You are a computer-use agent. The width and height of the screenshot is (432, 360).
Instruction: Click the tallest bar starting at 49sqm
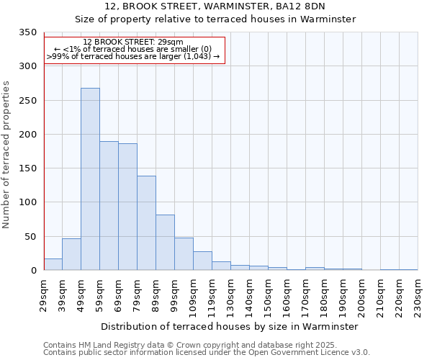tap(90, 179)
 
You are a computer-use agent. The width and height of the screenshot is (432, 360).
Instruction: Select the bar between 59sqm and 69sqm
tap(109, 206)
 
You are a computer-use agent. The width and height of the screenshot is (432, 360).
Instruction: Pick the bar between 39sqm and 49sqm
tap(71, 254)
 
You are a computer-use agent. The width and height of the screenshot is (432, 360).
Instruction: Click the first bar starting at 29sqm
tap(53, 264)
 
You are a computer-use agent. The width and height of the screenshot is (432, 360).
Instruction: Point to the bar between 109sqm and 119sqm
tap(202, 261)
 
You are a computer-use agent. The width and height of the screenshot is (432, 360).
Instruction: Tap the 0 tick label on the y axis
tap(33, 271)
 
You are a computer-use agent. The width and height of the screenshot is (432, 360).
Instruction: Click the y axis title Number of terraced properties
tap(7, 154)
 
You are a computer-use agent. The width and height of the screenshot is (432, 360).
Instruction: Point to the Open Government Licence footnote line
tap(207, 353)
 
